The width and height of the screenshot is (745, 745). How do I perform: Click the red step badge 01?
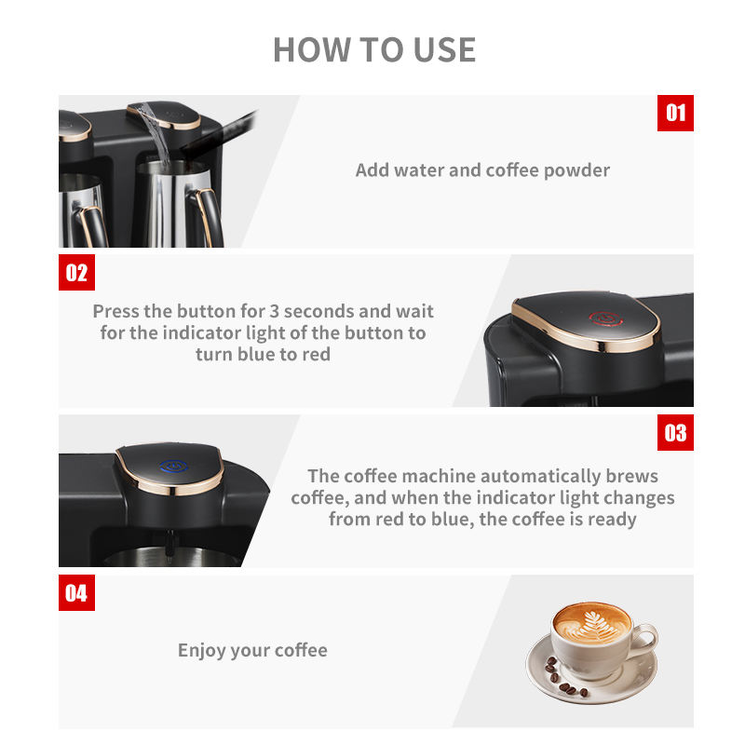click(675, 113)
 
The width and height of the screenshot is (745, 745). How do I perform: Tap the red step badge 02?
click(76, 272)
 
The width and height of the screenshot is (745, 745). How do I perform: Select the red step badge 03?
click(675, 433)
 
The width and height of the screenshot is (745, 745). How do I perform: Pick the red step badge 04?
click(76, 592)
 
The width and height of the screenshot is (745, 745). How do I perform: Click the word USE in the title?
click(445, 50)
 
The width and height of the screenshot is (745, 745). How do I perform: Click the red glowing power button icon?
click(605, 318)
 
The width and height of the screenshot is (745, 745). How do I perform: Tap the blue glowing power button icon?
click(174, 467)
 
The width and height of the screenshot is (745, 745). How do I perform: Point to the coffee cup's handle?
click(647, 639)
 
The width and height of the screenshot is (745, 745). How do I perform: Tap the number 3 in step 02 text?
click(274, 311)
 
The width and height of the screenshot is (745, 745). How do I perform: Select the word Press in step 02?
click(116, 311)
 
